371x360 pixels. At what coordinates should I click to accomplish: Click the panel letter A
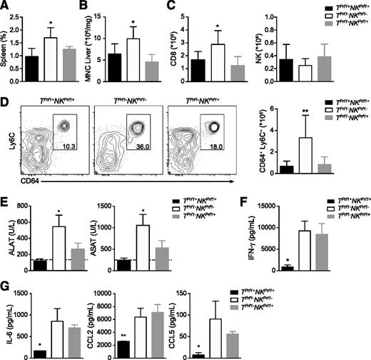(5, 6)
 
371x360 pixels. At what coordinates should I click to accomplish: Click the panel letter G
(6, 290)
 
